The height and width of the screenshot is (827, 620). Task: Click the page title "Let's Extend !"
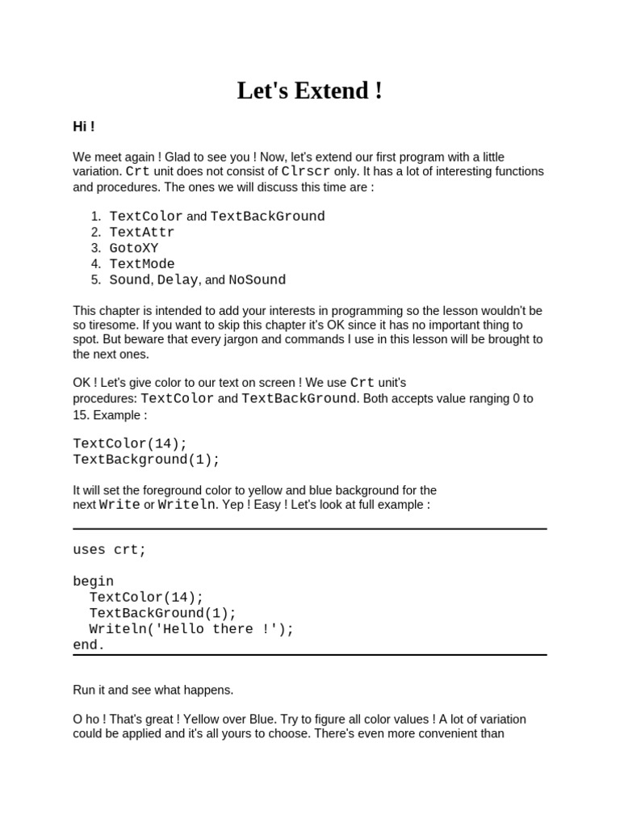(309, 91)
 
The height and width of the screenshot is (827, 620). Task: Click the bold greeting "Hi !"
(84, 127)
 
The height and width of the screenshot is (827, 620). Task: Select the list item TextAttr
(141, 233)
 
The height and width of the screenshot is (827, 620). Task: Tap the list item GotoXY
(134, 248)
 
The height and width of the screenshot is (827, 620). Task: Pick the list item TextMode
(141, 264)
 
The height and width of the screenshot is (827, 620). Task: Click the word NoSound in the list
(257, 280)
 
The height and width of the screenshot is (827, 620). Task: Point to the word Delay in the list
(177, 280)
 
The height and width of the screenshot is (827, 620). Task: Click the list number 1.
(95, 216)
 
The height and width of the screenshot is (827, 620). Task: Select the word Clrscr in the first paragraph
(306, 171)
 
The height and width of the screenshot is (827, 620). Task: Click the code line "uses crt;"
(110, 550)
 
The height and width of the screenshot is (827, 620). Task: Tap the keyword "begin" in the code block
(94, 581)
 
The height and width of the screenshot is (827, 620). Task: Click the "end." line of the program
(89, 645)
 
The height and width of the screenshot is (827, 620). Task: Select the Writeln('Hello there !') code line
(191, 629)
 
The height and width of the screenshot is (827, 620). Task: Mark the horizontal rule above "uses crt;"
(309, 529)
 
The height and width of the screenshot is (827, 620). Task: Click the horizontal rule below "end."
(309, 655)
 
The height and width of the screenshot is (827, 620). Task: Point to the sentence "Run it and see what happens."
(153, 691)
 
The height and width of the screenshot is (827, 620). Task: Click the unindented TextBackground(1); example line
(146, 460)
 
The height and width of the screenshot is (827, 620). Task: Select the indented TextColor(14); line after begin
(146, 598)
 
